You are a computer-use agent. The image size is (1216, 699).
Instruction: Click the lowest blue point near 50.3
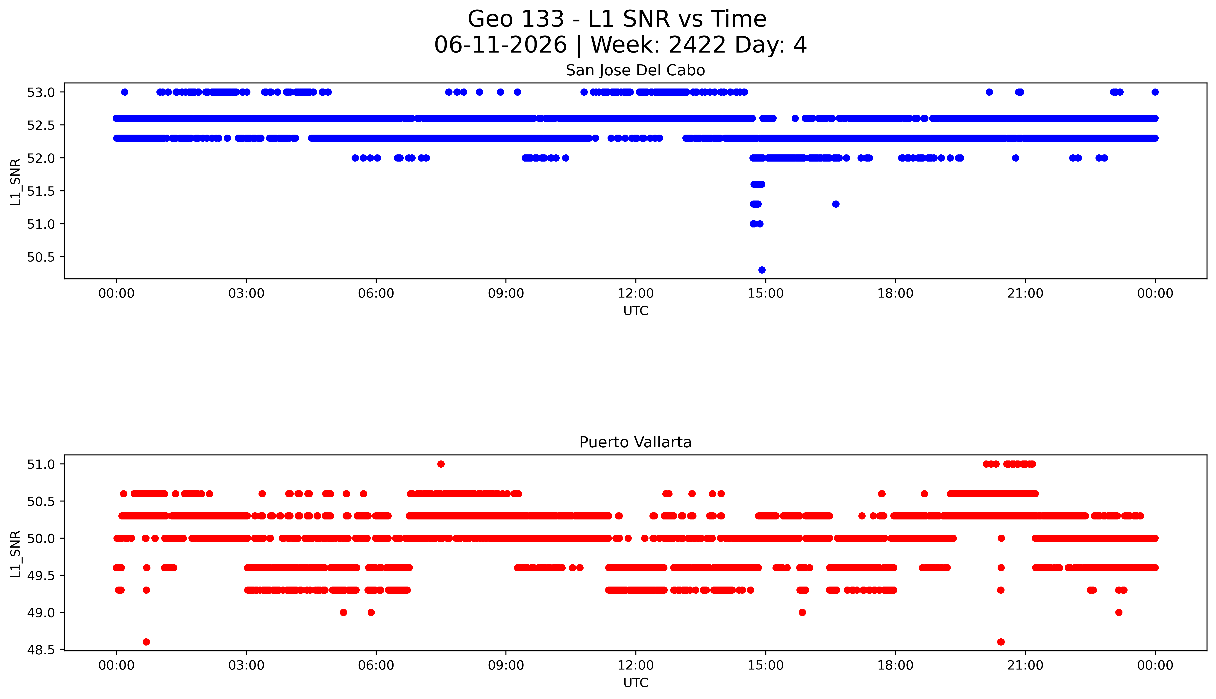tap(762, 270)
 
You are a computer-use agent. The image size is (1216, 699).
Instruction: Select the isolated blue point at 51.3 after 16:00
tap(835, 204)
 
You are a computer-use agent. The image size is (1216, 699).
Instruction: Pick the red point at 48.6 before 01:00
tap(146, 642)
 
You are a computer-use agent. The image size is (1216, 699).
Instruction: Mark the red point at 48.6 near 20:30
tap(1001, 642)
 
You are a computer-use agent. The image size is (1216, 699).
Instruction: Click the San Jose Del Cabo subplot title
tap(635, 71)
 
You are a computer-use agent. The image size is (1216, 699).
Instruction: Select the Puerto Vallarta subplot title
tap(635, 442)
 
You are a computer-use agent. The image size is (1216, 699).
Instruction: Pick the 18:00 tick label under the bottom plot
tap(896, 665)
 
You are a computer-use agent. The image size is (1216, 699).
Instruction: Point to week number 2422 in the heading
tap(697, 45)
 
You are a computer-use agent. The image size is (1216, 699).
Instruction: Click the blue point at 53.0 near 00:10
tap(125, 92)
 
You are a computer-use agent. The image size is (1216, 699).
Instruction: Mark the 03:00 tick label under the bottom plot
tap(246, 665)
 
